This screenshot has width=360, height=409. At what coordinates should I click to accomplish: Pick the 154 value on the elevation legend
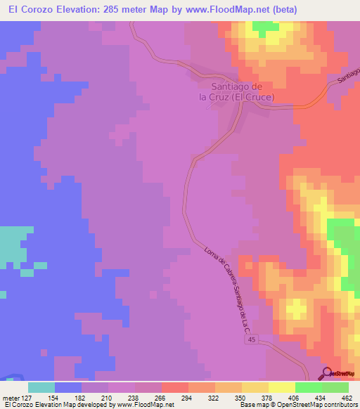pos(68,398)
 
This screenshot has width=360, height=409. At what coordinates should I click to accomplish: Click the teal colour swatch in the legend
pos(41,387)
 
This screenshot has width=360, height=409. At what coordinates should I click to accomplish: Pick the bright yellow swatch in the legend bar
pos(281,387)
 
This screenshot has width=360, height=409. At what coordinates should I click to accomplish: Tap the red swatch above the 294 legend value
pos(174,387)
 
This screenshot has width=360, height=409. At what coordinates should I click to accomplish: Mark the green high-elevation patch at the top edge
pos(264,27)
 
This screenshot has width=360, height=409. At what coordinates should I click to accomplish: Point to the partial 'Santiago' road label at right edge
pos(349,74)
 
